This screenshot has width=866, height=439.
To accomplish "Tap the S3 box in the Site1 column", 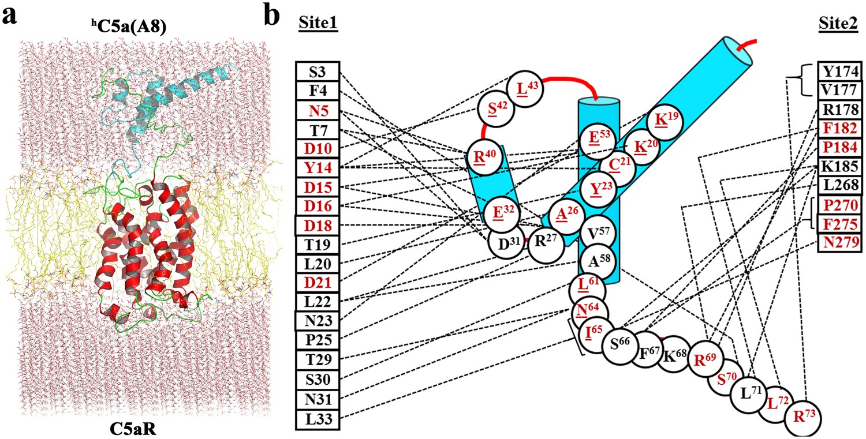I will [x=317, y=72].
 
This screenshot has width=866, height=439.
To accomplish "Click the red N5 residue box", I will [x=317, y=110].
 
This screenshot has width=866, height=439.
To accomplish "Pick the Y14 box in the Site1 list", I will [x=317, y=168].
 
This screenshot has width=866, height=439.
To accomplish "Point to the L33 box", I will [x=317, y=418].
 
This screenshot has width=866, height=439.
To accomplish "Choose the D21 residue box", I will [x=317, y=282].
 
